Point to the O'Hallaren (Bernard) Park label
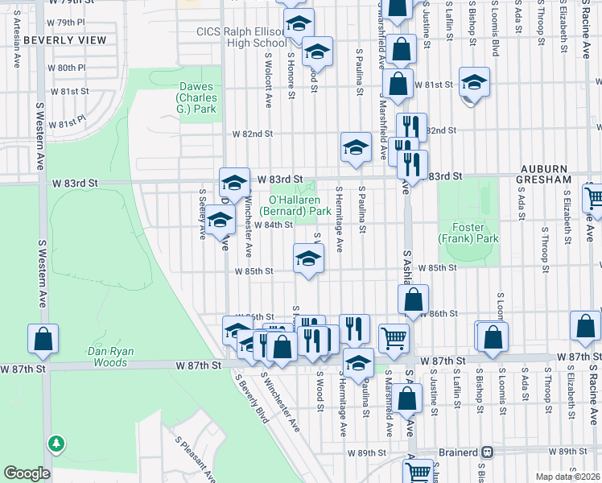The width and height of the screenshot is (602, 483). coord(300,204)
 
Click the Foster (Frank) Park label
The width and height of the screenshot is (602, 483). coord(468,233)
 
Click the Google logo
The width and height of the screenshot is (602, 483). coord(27,473)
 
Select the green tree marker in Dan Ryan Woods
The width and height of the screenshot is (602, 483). coord(55,443)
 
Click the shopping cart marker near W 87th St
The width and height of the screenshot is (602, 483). coord(394,337)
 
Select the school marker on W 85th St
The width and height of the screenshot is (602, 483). coord(307,258)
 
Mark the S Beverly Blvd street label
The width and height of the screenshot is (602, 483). coord(251,399)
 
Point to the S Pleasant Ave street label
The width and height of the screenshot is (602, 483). coord(196,456)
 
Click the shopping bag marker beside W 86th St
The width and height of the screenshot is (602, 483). coord(413,300)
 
